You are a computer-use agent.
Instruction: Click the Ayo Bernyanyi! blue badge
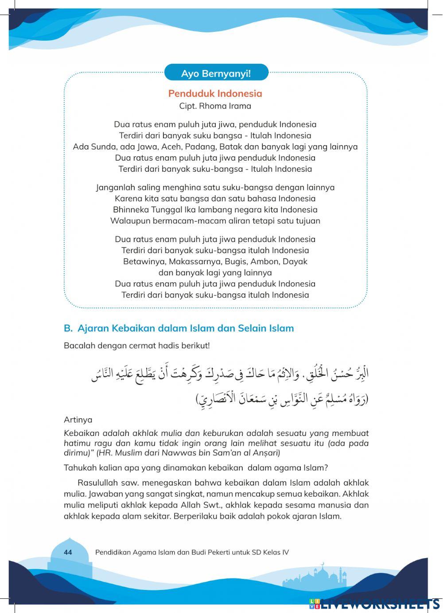[216, 73]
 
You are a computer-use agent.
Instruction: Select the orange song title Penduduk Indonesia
[215, 93]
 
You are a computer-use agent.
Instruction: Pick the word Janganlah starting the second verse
[115, 187]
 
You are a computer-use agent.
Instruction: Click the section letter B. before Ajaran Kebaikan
[68, 328]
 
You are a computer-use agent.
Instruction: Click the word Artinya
[78, 420]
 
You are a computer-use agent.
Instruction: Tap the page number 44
[68, 552]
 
